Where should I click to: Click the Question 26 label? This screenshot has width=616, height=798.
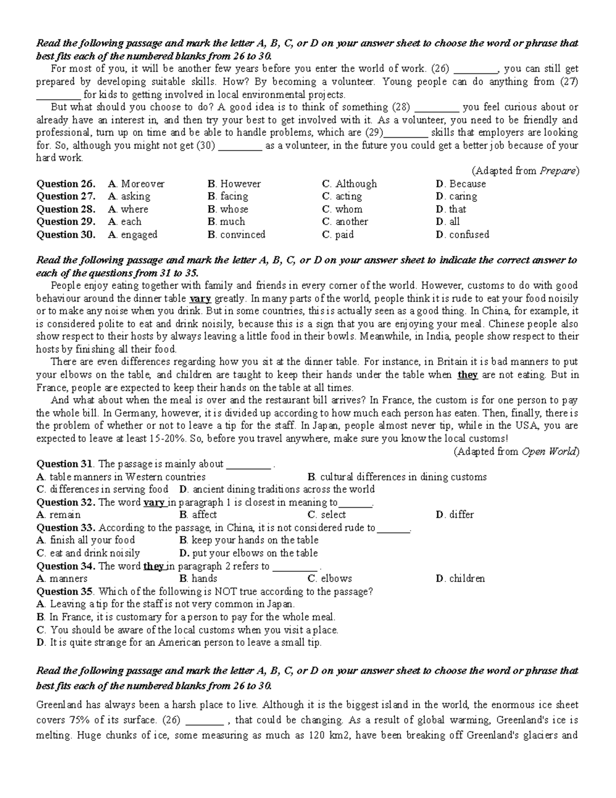click(66, 183)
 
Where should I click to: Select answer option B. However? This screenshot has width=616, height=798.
click(234, 183)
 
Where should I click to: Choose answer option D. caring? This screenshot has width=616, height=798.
click(456, 196)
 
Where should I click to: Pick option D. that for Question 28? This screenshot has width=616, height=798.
click(451, 209)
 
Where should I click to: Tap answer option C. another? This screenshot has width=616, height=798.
click(345, 221)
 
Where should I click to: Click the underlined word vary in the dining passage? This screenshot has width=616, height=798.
click(200, 299)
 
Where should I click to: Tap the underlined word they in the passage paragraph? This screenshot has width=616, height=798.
click(467, 375)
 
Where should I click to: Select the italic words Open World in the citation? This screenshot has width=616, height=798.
click(548, 451)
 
